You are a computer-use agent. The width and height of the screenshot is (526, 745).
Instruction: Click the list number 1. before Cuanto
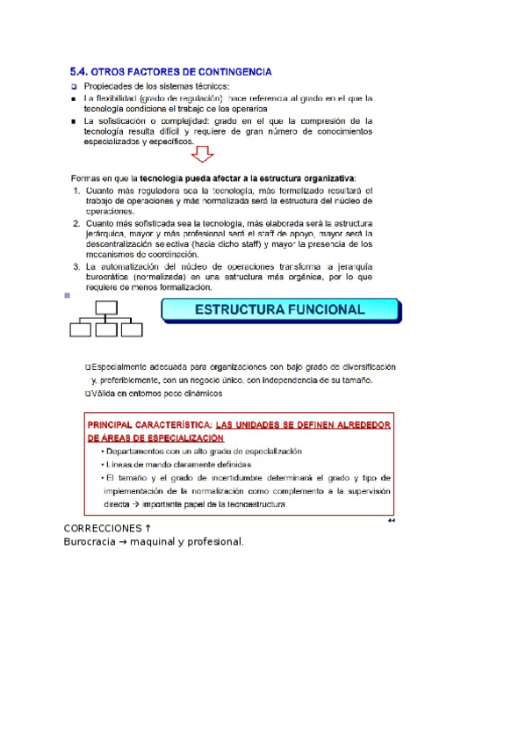coord(77,191)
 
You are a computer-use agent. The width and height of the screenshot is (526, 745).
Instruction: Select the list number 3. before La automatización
coord(77,266)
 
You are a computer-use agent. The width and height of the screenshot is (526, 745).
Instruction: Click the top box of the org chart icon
coord(105,307)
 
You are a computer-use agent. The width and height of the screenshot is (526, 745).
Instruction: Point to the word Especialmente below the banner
coord(119,366)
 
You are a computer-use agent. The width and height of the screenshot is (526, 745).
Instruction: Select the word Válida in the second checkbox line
coord(104,394)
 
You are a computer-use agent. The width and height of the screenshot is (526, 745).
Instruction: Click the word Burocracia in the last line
coord(92,541)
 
